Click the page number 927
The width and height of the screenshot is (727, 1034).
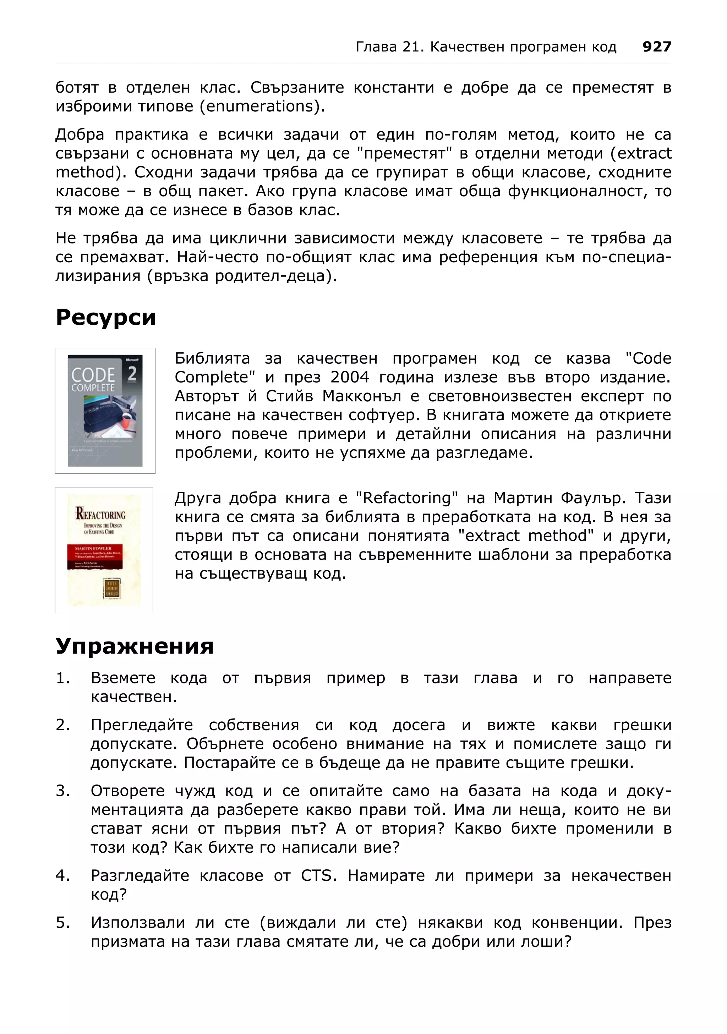(x=657, y=46)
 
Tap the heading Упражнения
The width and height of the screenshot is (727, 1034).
(x=134, y=646)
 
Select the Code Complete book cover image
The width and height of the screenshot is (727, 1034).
(x=105, y=410)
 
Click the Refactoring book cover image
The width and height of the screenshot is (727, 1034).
(x=104, y=550)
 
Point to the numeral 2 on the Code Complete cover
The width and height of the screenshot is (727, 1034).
(x=132, y=373)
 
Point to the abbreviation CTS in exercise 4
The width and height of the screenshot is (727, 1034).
(x=318, y=875)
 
